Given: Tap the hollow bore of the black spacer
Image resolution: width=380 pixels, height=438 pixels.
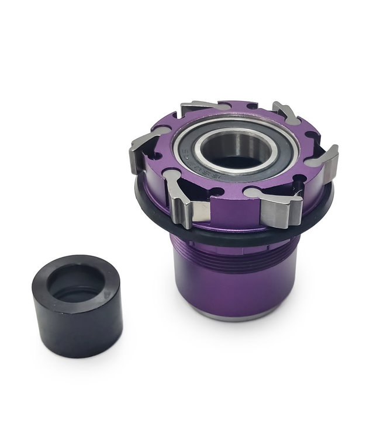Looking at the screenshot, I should click(x=75, y=286).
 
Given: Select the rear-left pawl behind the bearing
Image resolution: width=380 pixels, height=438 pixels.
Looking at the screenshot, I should click(x=196, y=107).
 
